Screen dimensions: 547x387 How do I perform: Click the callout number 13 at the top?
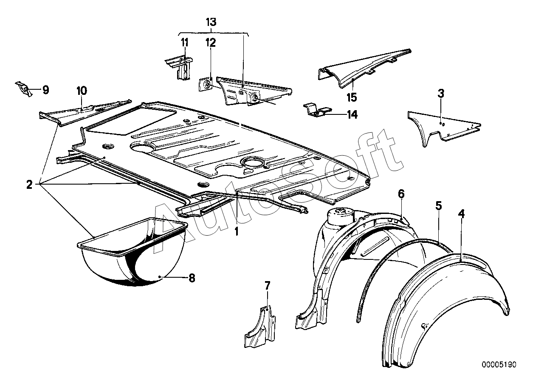[211, 22]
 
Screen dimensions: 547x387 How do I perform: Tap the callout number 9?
[46, 90]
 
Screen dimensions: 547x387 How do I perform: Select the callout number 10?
[82, 91]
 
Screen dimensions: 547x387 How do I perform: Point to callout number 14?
[352, 114]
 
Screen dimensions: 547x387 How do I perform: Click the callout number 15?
[352, 97]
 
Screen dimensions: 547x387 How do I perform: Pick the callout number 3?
[441, 94]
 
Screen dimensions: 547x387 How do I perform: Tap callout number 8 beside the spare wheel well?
[192, 278]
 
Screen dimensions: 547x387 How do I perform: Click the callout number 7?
[268, 285]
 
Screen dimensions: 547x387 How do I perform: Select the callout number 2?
[29, 185]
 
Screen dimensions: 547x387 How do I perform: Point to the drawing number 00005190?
[499, 372]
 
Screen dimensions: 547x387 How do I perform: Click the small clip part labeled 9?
[24, 89]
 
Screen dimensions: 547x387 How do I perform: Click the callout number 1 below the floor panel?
[237, 231]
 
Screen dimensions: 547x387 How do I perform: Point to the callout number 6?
[401, 194]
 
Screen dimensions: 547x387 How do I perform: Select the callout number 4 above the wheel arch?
[461, 214]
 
